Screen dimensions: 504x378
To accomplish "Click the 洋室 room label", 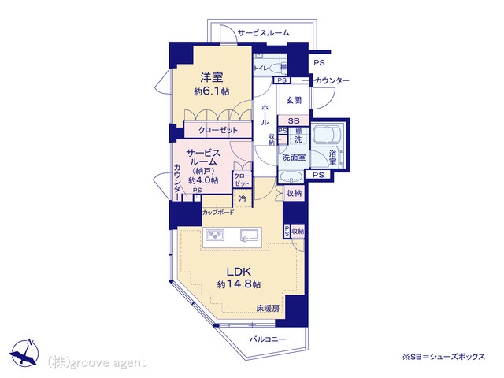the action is [x=212, y=77].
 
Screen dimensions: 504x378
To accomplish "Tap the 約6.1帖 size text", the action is [x=212, y=91].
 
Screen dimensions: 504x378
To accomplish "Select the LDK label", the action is [x=239, y=272].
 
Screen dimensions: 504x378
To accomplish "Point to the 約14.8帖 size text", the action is [x=239, y=284].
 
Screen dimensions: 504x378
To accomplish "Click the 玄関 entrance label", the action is [x=294, y=100].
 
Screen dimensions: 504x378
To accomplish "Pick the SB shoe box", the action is [x=294, y=121].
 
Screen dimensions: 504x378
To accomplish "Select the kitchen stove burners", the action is [x=216, y=235].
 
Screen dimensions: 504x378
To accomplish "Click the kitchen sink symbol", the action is [x=250, y=235].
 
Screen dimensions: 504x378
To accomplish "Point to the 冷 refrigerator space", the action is [x=243, y=198].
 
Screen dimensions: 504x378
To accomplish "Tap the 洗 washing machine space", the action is [x=298, y=140].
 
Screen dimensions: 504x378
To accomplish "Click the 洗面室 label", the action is [x=294, y=157].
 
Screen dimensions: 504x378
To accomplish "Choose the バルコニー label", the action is [x=268, y=339].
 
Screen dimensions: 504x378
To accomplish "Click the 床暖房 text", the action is [x=268, y=309].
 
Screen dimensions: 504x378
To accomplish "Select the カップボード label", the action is [x=218, y=213].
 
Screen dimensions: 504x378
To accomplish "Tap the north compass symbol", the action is [x=24, y=352].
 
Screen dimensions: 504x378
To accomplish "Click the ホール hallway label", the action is [x=265, y=114].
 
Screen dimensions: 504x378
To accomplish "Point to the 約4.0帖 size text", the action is [x=203, y=180].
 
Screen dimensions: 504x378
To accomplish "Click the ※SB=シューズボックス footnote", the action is [x=443, y=357].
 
